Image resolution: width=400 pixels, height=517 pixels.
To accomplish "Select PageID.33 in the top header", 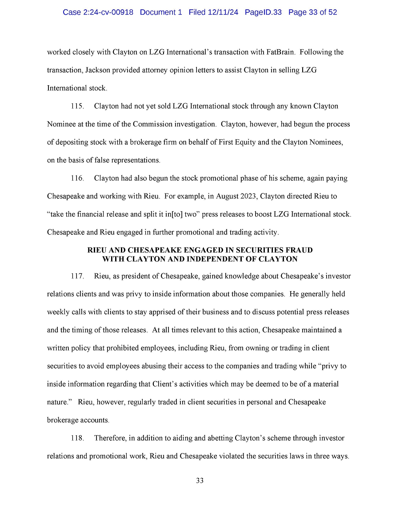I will [263, 12].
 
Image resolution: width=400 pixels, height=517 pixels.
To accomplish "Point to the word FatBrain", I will [280, 52].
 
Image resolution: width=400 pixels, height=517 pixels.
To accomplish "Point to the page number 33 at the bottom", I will [200, 481].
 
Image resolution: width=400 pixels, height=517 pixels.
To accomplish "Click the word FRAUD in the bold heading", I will [298, 250].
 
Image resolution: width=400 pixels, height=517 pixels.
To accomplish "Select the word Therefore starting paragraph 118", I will [110, 438].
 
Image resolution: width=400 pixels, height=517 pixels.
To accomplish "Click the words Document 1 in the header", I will [161, 12].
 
